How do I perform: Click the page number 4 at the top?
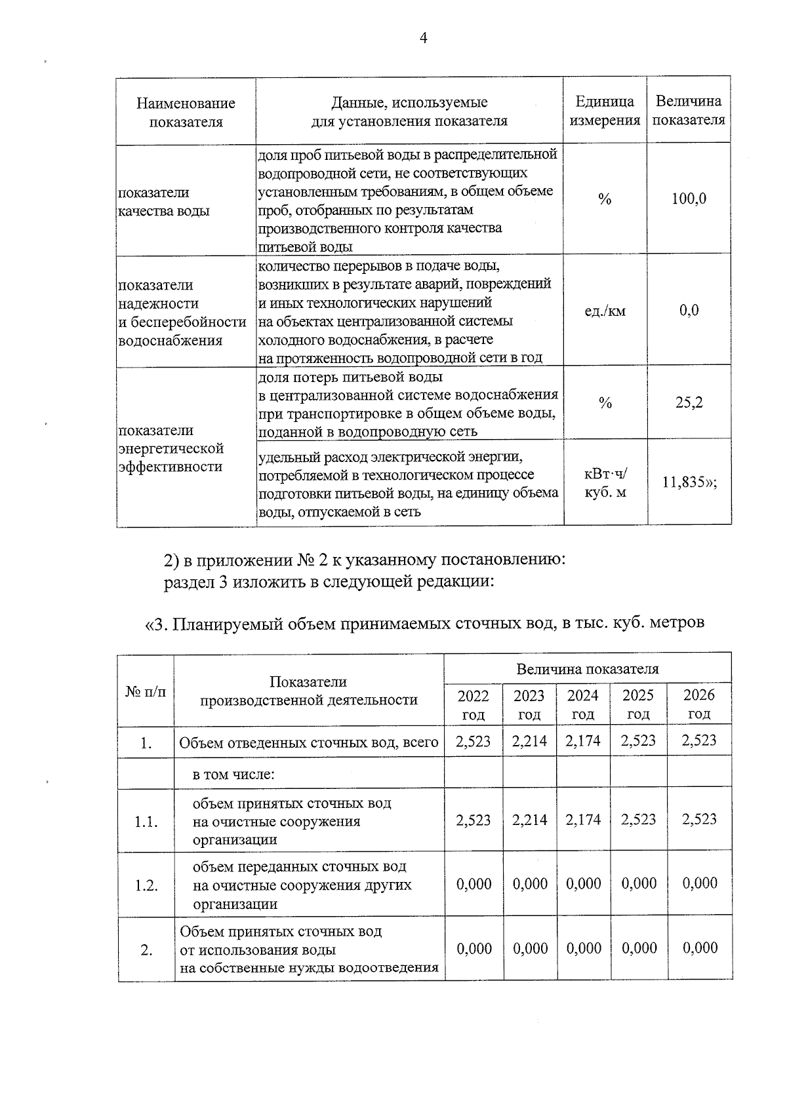tap(423, 39)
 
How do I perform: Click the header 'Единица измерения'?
tap(605, 111)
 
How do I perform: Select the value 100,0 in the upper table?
tap(689, 199)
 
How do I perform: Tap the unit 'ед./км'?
tap(605, 311)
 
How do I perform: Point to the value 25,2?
tap(689, 402)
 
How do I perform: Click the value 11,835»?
tap(689, 483)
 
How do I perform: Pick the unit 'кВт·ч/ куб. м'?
tap(605, 482)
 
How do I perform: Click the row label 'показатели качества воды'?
tap(163, 202)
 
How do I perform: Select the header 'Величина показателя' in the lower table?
tap(587, 669)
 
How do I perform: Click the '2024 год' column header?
tap(582, 704)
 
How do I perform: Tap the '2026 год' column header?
tap(699, 704)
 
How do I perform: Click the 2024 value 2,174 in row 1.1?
tap(582, 820)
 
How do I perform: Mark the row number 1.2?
tap(146, 886)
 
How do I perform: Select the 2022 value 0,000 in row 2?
tap(474, 948)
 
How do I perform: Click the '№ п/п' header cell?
tap(146, 691)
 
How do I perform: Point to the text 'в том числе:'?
tap(233, 775)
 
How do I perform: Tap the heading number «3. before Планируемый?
tap(157, 624)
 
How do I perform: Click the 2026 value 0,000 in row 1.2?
tap(699, 883)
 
